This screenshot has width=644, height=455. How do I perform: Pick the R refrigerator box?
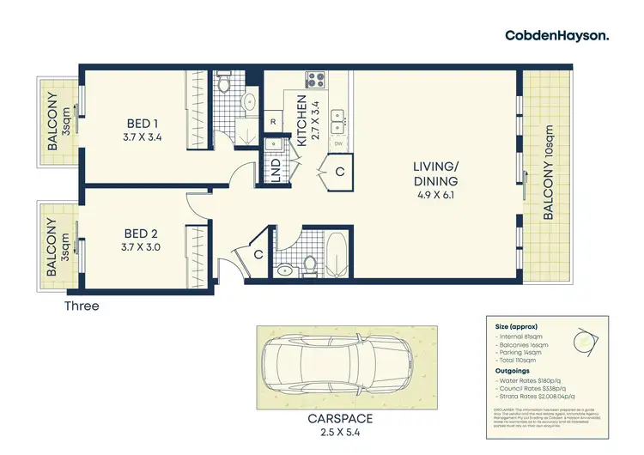272,122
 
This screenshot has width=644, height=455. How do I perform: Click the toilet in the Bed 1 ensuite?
222,83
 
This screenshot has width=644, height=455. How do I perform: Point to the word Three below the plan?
82,306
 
